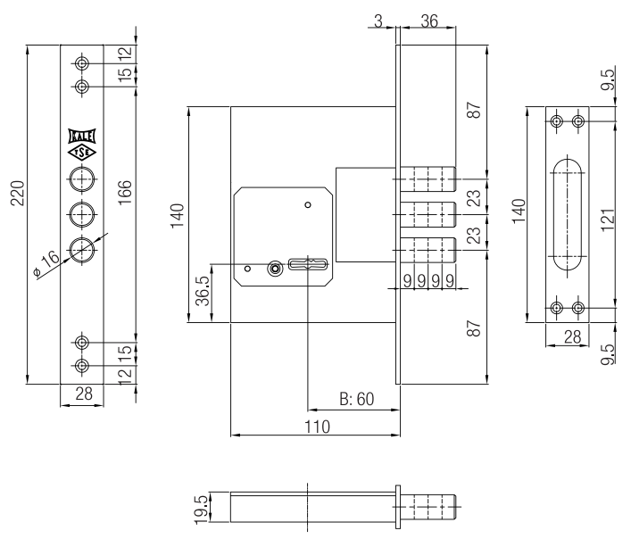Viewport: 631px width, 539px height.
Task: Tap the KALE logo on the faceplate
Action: (82, 137)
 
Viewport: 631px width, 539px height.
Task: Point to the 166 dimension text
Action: (125, 191)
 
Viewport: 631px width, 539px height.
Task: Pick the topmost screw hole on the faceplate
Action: (82, 64)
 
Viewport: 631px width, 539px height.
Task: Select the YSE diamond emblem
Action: (82, 153)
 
